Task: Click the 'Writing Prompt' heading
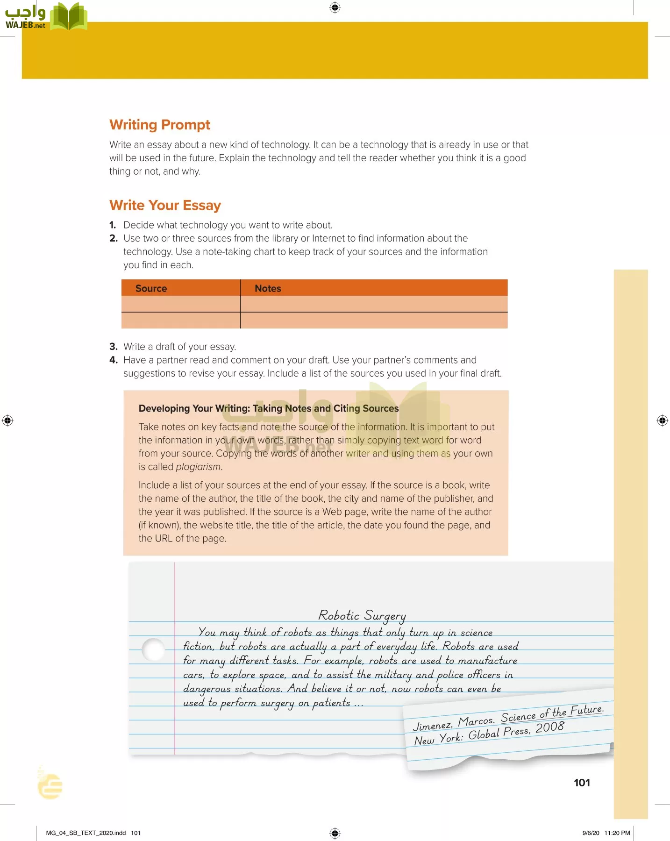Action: tap(160, 125)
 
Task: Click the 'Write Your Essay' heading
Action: tap(165, 205)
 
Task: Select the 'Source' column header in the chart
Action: tap(151, 288)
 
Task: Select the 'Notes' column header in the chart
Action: tap(268, 288)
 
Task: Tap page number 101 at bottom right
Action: tap(582, 783)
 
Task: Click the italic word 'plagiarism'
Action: tap(198, 467)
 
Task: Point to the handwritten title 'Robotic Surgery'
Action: tap(362, 615)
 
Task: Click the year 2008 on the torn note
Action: tap(550, 727)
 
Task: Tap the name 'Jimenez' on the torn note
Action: tap(432, 726)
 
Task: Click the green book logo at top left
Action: tap(69, 17)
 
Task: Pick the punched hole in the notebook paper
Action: tap(153, 649)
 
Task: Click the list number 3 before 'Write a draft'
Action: tap(113, 347)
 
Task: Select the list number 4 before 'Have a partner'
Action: tap(113, 360)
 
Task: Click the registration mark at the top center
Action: tap(335, 7)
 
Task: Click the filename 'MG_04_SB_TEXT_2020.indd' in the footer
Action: tap(86, 833)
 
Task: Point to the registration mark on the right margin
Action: tap(662, 420)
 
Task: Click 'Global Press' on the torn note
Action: tap(499, 733)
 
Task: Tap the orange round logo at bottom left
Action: tap(50, 785)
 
